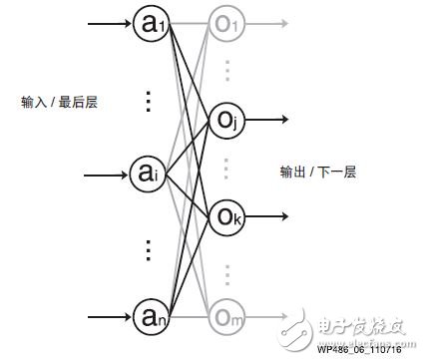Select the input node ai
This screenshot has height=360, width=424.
[x=147, y=176]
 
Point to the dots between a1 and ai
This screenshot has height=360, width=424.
[x=147, y=102]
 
